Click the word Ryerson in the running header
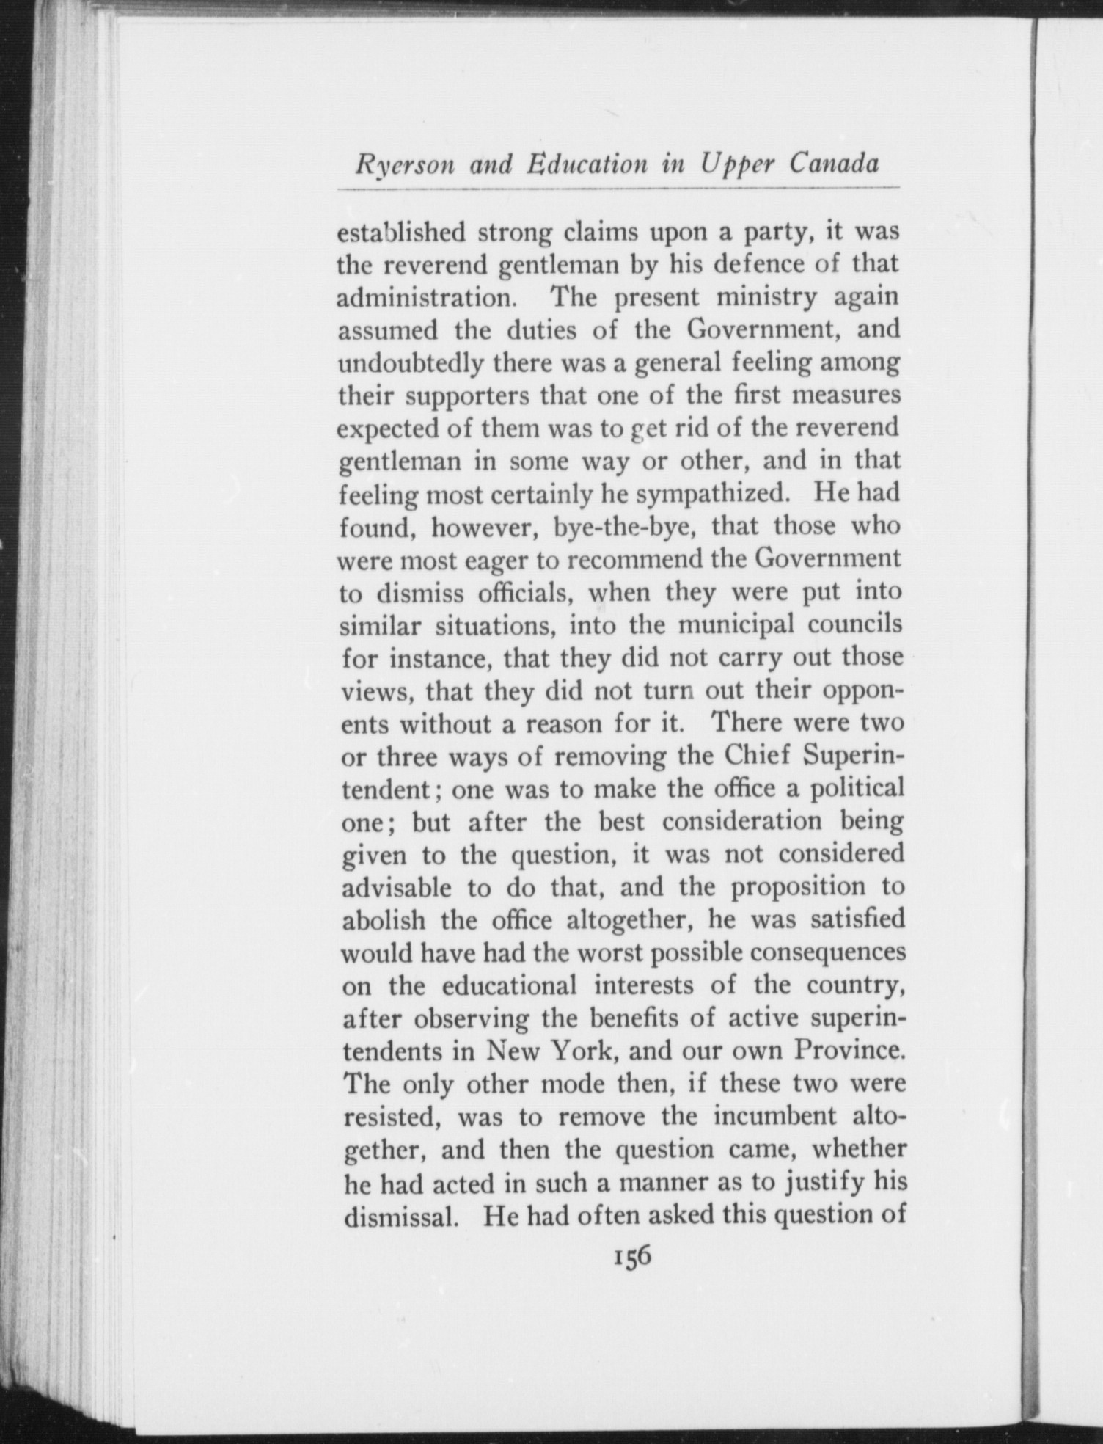[x=402, y=165]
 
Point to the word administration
[x=429, y=299]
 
